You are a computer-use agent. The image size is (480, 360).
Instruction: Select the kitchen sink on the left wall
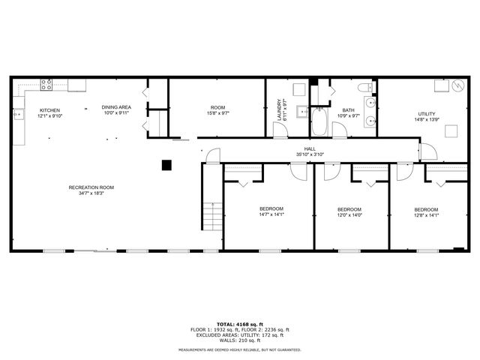click(18, 114)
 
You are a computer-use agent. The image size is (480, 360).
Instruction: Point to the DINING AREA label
click(116, 107)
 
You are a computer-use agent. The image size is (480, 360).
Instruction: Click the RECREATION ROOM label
click(91, 187)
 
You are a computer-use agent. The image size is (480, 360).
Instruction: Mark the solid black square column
click(168, 164)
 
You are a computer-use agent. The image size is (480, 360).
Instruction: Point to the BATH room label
click(349, 109)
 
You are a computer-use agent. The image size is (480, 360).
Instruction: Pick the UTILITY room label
click(427, 114)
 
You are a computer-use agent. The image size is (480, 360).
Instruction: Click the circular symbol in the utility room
click(459, 86)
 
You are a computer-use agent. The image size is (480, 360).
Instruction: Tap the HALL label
click(310, 148)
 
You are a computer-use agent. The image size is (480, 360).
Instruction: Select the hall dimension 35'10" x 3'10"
click(310, 154)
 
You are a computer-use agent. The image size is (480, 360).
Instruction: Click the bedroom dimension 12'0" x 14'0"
click(349, 214)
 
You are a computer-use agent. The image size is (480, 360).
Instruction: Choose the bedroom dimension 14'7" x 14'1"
click(271, 214)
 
